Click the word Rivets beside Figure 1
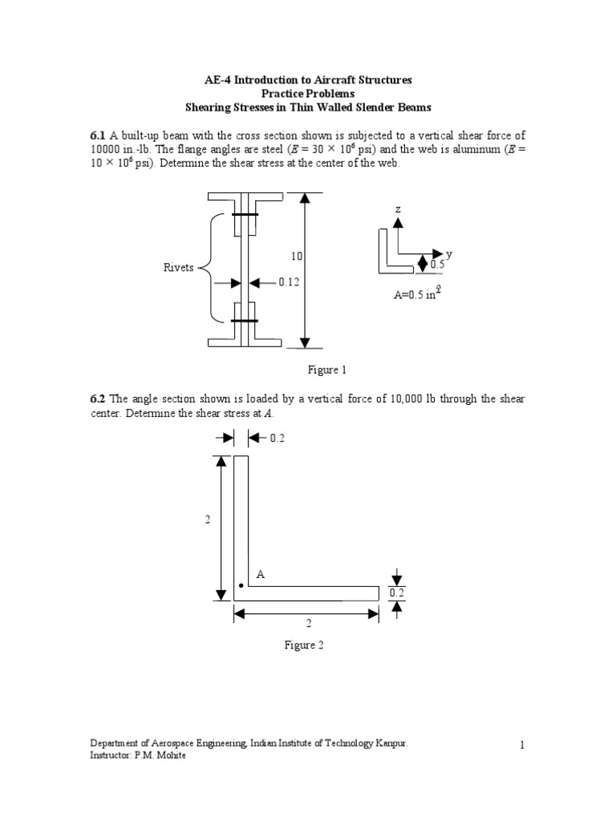tap(179, 268)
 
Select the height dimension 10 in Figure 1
tap(296, 256)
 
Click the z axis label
tap(396, 209)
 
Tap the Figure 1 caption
tap(326, 370)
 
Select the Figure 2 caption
tap(304, 645)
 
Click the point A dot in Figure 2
tap(241, 586)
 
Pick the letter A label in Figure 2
tap(260, 575)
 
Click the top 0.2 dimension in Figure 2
tap(278, 438)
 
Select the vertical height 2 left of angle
tap(207, 520)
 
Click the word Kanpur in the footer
tap(391, 744)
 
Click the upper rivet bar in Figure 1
tap(245, 215)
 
